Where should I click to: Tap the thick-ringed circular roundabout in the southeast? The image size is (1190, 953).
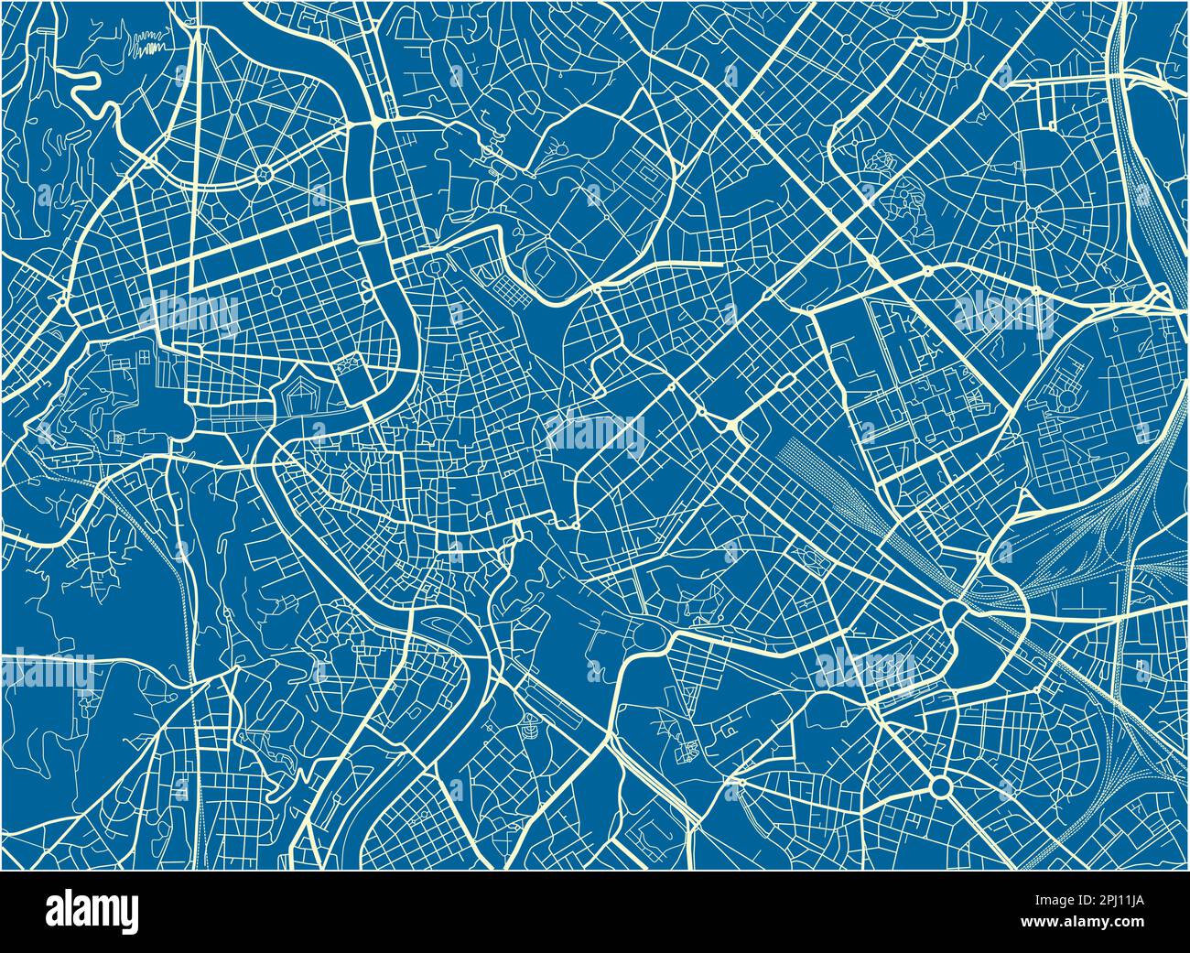coord(940,785)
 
